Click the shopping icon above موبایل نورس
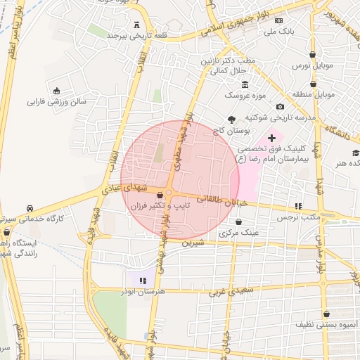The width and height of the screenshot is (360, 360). [312, 54]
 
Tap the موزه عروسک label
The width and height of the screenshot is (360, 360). [243, 94]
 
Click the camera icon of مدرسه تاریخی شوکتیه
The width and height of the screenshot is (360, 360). [280, 106]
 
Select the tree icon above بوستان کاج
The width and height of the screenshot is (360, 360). [232, 120]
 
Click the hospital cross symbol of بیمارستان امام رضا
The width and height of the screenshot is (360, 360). [272, 139]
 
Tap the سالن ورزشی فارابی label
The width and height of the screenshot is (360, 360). [56, 101]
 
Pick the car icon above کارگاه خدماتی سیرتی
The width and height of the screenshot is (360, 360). [30, 209]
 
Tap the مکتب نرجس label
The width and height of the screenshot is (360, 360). [304, 217]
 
